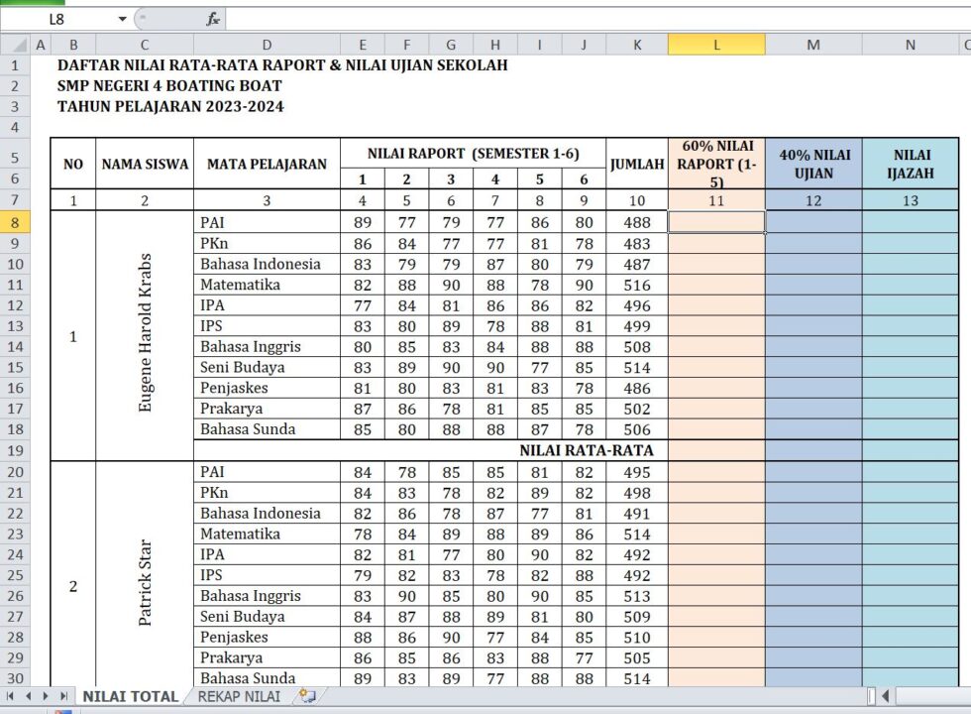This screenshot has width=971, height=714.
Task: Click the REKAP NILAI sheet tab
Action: click(x=238, y=697)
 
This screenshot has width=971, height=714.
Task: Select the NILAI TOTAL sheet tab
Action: click(x=130, y=697)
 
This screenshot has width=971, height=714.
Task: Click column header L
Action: click(x=716, y=45)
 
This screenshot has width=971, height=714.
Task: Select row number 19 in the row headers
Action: click(x=15, y=450)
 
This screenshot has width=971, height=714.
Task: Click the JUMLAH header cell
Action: click(x=637, y=165)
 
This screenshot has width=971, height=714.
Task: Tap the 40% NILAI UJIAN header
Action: click(x=812, y=165)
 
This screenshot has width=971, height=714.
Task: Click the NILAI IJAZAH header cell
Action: click(x=910, y=165)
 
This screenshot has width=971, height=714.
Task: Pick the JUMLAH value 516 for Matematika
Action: click(x=637, y=285)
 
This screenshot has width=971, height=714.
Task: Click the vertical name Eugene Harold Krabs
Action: click(x=146, y=333)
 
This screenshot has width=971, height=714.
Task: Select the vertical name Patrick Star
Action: click(x=146, y=582)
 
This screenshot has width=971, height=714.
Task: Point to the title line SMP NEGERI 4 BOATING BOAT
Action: click(x=169, y=86)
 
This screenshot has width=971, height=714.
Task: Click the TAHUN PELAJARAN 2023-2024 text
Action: click(x=170, y=107)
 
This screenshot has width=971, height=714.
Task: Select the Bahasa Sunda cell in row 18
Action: click(x=248, y=429)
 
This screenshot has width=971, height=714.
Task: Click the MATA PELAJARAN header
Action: click(x=267, y=165)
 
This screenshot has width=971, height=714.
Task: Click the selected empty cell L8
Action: click(x=716, y=222)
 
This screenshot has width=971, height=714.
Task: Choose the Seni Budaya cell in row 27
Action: click(x=244, y=617)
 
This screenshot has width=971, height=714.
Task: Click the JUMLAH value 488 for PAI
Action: click(x=637, y=223)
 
